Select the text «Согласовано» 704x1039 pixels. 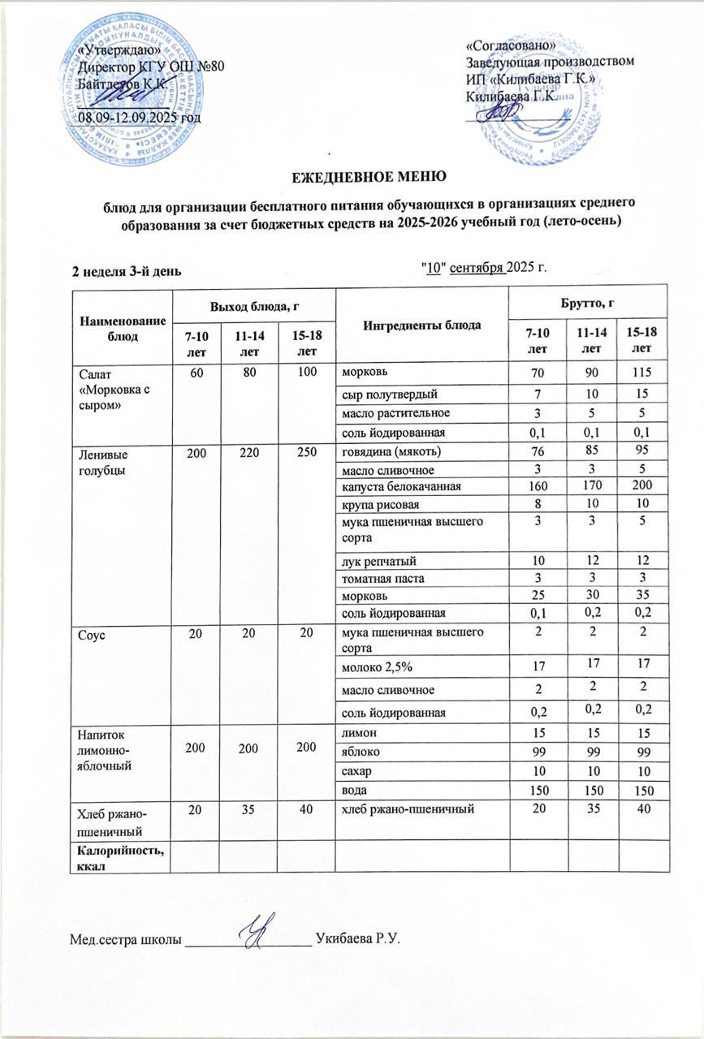point(512,45)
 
